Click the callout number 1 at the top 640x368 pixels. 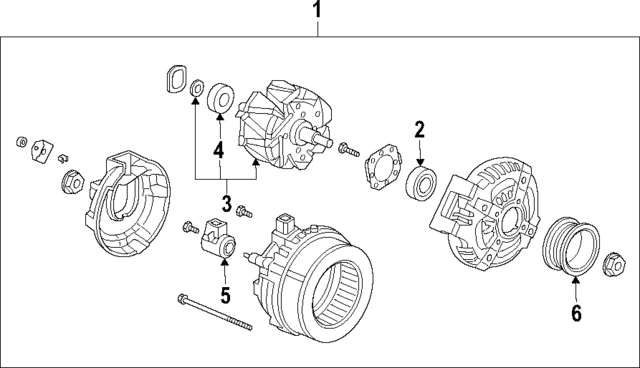[x=318, y=13]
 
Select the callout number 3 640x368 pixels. [x=226, y=204]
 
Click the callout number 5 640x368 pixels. [x=225, y=295]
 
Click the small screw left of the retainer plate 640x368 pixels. [x=346, y=151]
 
